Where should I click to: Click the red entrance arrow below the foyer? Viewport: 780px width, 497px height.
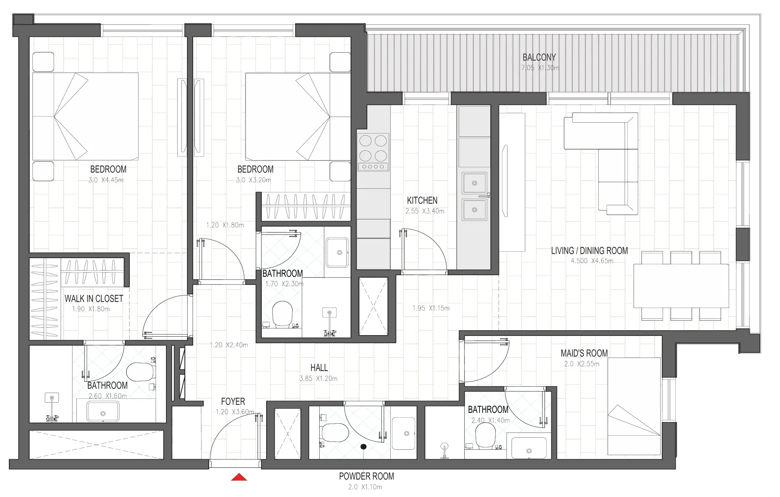click(239, 477)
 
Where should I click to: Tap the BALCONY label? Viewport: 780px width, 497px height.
click(539, 57)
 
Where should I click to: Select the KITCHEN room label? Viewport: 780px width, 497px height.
click(422, 200)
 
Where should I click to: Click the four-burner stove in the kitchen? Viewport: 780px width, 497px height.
click(373, 152)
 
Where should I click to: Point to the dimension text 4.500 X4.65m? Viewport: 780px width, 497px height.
click(592, 261)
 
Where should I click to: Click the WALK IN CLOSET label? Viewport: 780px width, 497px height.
click(94, 299)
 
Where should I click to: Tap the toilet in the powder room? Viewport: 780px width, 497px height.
click(335, 433)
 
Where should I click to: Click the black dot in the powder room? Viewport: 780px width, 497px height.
click(363, 446)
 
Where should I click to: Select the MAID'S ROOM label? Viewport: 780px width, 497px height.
click(584, 353)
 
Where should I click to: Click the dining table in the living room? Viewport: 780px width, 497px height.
click(681, 286)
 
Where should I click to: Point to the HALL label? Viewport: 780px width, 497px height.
click(319, 368)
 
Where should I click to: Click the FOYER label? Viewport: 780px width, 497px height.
click(233, 401)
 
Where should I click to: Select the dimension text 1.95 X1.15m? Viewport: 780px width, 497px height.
click(431, 308)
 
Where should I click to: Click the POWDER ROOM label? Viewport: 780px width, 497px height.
click(366, 476)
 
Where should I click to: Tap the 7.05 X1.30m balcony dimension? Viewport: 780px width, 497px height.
click(540, 68)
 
